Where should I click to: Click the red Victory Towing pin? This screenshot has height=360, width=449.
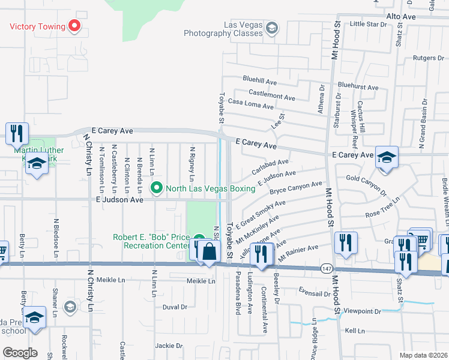pyautogui.click(x=74, y=26)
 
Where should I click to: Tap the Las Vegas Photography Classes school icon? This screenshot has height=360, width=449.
pyautogui.click(x=271, y=28)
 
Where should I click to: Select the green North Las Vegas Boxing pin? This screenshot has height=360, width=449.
pyautogui.click(x=157, y=188)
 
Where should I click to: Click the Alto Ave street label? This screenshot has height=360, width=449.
pyautogui.click(x=401, y=16)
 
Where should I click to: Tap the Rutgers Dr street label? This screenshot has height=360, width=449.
pyautogui.click(x=427, y=58)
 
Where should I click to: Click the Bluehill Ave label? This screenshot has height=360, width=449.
pyautogui.click(x=259, y=80)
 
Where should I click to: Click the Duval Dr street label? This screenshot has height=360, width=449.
pyautogui.click(x=175, y=307)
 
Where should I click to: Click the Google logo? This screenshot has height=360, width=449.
pyautogui.click(x=19, y=352)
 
